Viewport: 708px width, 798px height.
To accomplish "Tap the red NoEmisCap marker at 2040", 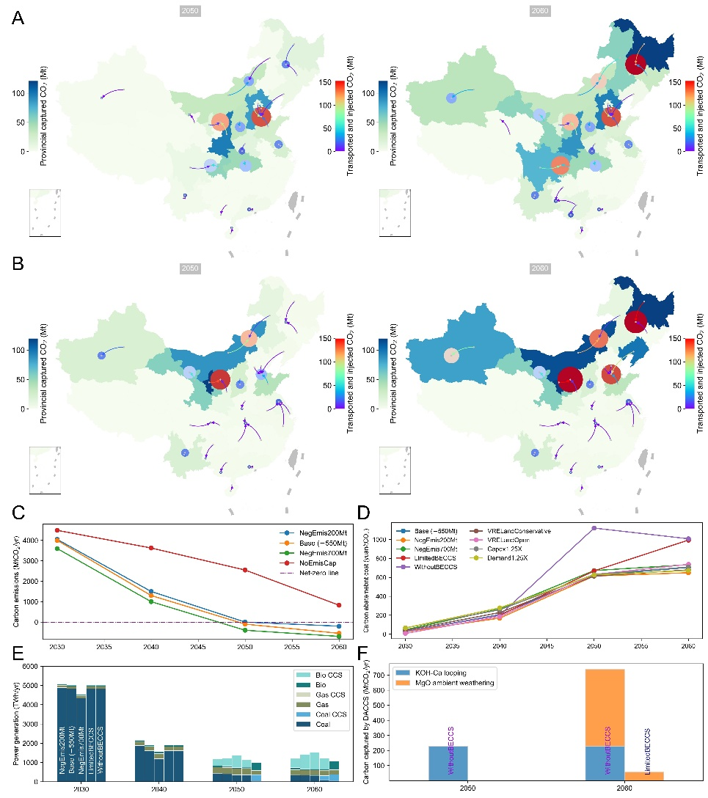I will (x=151, y=548).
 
